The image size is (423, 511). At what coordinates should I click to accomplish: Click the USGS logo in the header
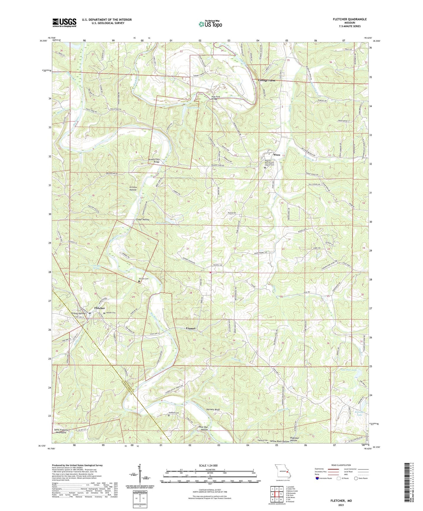(64, 22)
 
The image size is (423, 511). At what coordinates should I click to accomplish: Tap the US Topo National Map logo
(210, 24)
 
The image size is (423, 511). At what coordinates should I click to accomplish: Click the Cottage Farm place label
(266, 80)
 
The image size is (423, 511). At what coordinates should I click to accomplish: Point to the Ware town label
(277, 155)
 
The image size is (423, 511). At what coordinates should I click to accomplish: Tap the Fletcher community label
(100, 308)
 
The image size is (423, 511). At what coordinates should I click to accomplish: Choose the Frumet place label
(191, 328)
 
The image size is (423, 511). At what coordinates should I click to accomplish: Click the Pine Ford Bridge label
(216, 98)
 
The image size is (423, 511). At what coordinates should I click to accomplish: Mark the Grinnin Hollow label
(133, 188)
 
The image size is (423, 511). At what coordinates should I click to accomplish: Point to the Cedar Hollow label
(143, 220)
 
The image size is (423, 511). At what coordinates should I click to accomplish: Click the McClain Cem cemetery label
(143, 279)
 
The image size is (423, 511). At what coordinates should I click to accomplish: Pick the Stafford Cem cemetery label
(173, 413)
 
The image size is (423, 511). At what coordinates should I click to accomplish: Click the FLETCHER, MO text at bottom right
(341, 501)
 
